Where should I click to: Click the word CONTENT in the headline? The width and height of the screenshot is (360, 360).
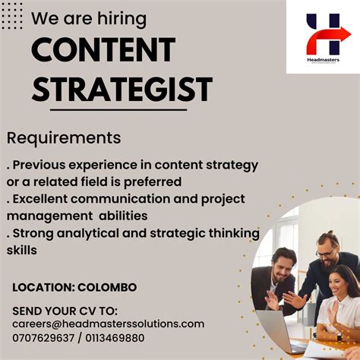[x=103, y=50]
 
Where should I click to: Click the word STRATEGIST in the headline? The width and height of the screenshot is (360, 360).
[x=122, y=88]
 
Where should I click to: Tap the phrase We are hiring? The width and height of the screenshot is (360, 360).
[x=89, y=18]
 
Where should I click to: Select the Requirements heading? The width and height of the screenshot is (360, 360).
[x=64, y=137]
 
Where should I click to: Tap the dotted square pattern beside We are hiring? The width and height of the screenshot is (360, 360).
[x=12, y=15]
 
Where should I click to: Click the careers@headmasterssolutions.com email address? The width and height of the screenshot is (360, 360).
[x=108, y=324]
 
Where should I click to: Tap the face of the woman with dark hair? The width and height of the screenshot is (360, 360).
[x=342, y=286]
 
